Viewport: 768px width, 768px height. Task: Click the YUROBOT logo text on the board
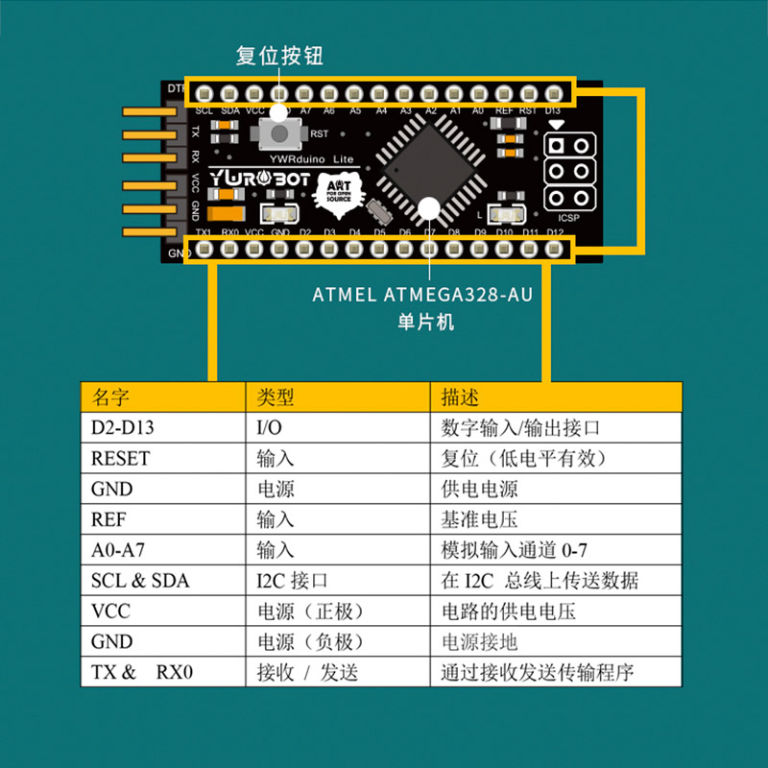[x=256, y=179]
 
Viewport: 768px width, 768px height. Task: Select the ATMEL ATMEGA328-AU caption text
[x=422, y=295]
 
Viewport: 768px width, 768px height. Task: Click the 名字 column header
[x=110, y=397]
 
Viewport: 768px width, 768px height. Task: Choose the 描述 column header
[x=460, y=397]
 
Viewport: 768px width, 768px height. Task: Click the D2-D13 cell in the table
[x=122, y=428]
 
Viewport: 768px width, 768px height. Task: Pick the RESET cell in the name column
[x=120, y=459]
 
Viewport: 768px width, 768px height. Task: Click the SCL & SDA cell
[x=140, y=581]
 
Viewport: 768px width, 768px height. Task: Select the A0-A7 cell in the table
[x=118, y=550]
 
